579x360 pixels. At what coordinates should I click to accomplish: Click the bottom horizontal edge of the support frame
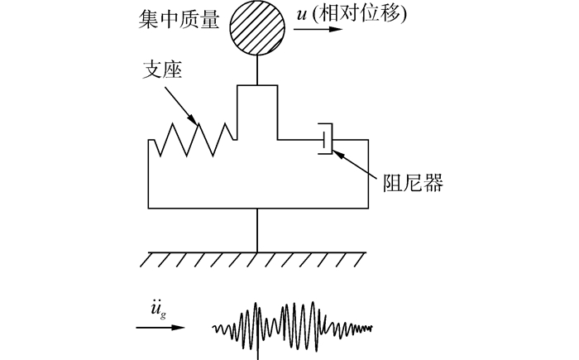click(x=257, y=209)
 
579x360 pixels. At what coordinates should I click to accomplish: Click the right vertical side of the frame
click(x=366, y=174)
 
